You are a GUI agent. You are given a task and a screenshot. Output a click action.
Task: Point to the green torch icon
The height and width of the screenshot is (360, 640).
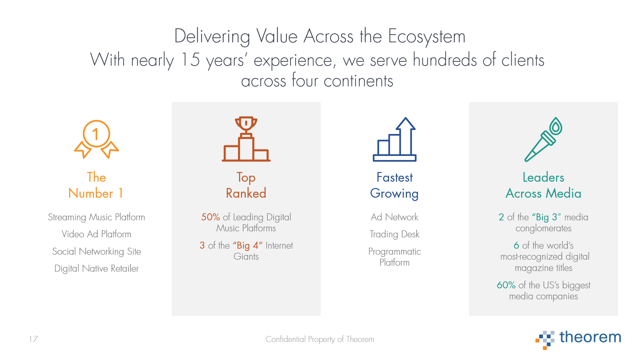543,139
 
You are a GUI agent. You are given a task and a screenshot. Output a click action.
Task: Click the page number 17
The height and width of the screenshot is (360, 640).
33,339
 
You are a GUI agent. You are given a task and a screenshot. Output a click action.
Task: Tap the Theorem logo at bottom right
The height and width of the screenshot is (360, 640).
578,339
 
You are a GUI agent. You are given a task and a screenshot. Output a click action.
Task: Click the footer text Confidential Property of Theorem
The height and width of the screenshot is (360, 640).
320,339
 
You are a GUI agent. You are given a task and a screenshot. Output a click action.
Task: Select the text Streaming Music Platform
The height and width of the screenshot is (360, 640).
96,217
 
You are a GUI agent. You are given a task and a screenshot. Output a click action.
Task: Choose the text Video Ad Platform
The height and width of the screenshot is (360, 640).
96,234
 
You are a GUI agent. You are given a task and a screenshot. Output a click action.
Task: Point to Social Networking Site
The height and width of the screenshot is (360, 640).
96,251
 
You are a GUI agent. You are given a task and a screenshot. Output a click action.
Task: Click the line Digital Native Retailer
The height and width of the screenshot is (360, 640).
96,268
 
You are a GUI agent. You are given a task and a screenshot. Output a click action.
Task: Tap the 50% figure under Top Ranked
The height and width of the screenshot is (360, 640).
210,217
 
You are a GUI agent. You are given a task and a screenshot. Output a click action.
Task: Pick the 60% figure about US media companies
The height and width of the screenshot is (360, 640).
506,285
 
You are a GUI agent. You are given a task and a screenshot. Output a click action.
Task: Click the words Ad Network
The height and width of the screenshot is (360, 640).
394,217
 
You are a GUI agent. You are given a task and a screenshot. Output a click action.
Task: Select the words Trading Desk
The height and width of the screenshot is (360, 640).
394,234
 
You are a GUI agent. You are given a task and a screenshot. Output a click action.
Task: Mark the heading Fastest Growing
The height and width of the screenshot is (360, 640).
394,185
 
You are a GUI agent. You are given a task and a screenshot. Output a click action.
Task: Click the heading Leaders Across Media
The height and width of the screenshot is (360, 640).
543,185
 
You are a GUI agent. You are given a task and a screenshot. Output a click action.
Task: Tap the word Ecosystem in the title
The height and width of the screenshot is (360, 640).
427,37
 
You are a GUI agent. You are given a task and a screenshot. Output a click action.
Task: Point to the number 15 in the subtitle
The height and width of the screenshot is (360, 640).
190,60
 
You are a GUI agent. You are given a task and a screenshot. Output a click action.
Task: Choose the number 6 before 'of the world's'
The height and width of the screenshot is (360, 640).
516,245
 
